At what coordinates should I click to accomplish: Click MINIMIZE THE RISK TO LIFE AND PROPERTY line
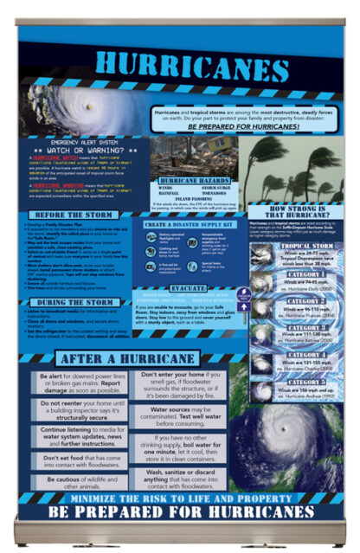pyautogui.click(x=179, y=498)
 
